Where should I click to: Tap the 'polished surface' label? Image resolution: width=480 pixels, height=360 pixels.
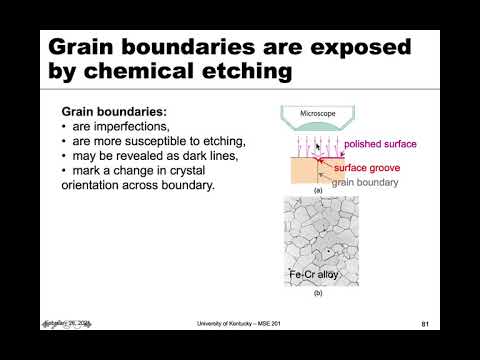379,145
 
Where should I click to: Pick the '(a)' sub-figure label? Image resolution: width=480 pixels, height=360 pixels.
318,190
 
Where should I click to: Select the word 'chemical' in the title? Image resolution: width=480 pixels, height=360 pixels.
163,73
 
